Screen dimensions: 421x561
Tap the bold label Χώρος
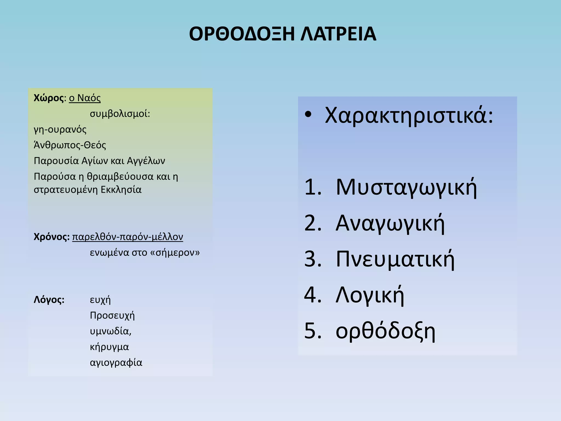coord(48,98)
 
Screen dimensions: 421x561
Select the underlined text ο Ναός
coord(85,98)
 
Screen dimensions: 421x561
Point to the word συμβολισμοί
coord(120,113)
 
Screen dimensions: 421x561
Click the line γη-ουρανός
coord(60,129)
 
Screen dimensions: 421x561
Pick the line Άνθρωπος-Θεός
coord(70,145)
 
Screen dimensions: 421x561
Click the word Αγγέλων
coord(146,161)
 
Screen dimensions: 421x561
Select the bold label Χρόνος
coord(51,237)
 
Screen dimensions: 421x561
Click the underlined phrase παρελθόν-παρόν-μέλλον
coord(127,237)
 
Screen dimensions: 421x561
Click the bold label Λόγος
coord(49,300)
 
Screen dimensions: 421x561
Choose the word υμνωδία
coord(110,331)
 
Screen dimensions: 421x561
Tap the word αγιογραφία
coord(116,363)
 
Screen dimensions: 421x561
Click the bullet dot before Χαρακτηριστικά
coord(308,115)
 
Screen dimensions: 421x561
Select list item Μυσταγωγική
coord(406,187)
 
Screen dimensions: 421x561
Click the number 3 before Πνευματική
coord(313,259)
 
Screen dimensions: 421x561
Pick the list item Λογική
coord(370,295)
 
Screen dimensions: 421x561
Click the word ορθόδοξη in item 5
coord(385,331)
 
